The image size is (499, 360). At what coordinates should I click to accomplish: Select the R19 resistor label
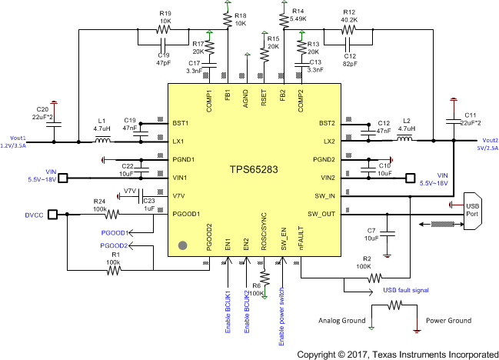[165, 13]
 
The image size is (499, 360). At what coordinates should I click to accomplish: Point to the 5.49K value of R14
[300, 18]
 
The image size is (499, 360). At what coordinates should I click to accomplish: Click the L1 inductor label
[101, 122]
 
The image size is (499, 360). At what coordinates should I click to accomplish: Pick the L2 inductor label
[408, 122]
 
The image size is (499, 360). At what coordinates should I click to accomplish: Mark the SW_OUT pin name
[322, 213]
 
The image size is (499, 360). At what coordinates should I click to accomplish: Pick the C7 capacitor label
[372, 230]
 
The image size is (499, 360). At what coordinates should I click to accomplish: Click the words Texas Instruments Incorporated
[434, 355]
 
